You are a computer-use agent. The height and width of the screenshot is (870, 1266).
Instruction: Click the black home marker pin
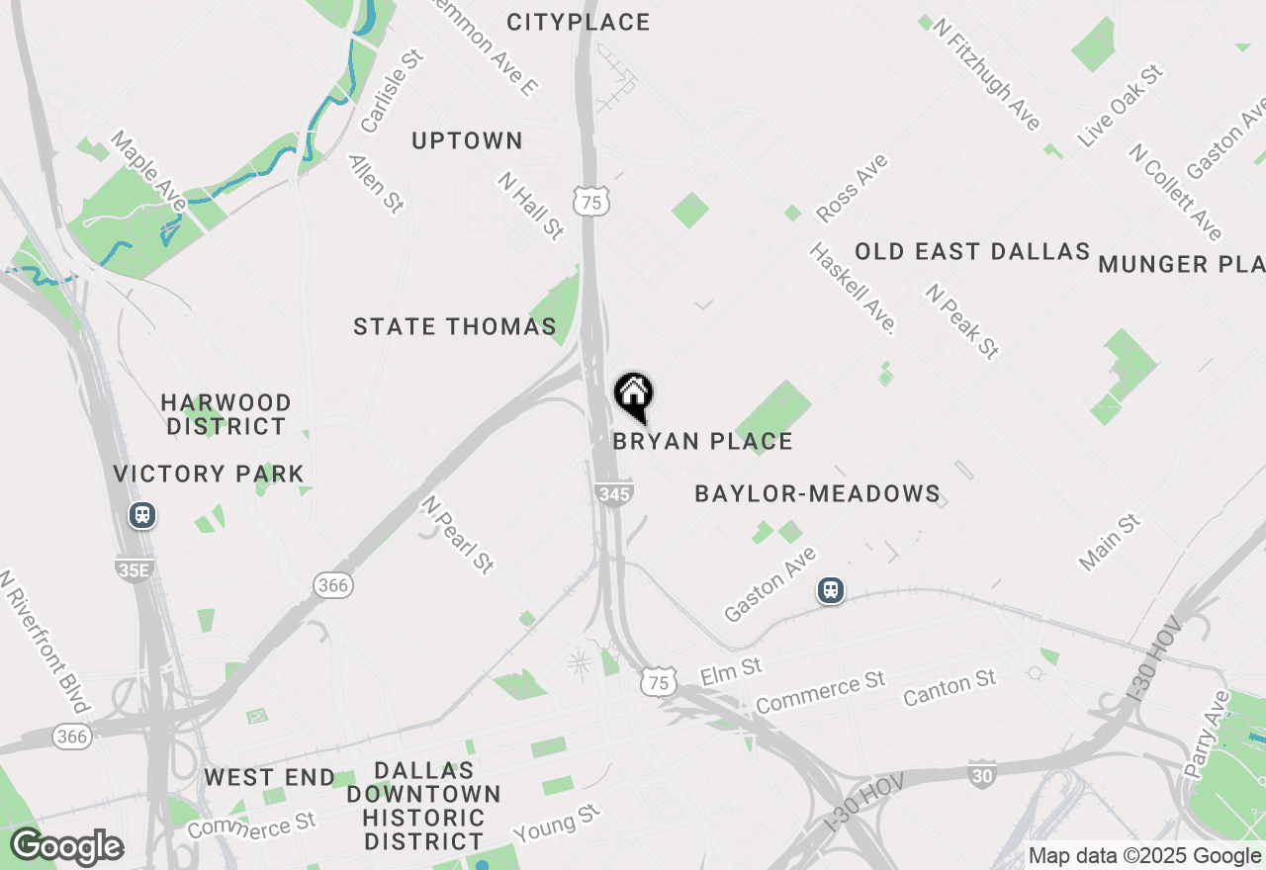[x=633, y=395]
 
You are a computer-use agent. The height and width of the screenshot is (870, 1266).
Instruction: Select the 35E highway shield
[x=134, y=568]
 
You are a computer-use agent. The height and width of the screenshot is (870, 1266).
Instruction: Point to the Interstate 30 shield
[x=981, y=775]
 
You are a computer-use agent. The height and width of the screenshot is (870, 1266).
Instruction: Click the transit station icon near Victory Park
[x=143, y=515]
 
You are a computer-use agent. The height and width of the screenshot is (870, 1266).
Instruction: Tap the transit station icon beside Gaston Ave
[x=831, y=590]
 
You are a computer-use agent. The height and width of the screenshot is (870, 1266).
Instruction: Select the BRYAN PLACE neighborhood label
[x=702, y=441]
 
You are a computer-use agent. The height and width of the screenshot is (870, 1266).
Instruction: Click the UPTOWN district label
[x=467, y=141]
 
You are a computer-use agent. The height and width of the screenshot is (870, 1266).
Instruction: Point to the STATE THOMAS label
[x=455, y=326]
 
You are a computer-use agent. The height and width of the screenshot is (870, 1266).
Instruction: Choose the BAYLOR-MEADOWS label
[x=817, y=493]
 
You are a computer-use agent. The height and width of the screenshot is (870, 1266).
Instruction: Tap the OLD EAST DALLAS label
[x=972, y=252]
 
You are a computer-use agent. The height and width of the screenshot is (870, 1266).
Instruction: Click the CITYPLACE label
[x=579, y=22]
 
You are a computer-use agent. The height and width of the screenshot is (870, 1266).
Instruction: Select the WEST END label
[x=270, y=778]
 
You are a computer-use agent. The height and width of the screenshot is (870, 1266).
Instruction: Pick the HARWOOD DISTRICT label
[x=226, y=414]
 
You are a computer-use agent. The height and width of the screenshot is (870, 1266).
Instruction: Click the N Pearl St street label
[x=457, y=534]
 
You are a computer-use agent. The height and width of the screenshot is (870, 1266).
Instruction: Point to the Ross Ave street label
[x=852, y=188]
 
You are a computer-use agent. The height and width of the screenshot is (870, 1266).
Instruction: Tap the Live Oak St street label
[x=1121, y=107]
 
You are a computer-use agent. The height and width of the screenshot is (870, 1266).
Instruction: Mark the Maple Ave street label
[x=148, y=170]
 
